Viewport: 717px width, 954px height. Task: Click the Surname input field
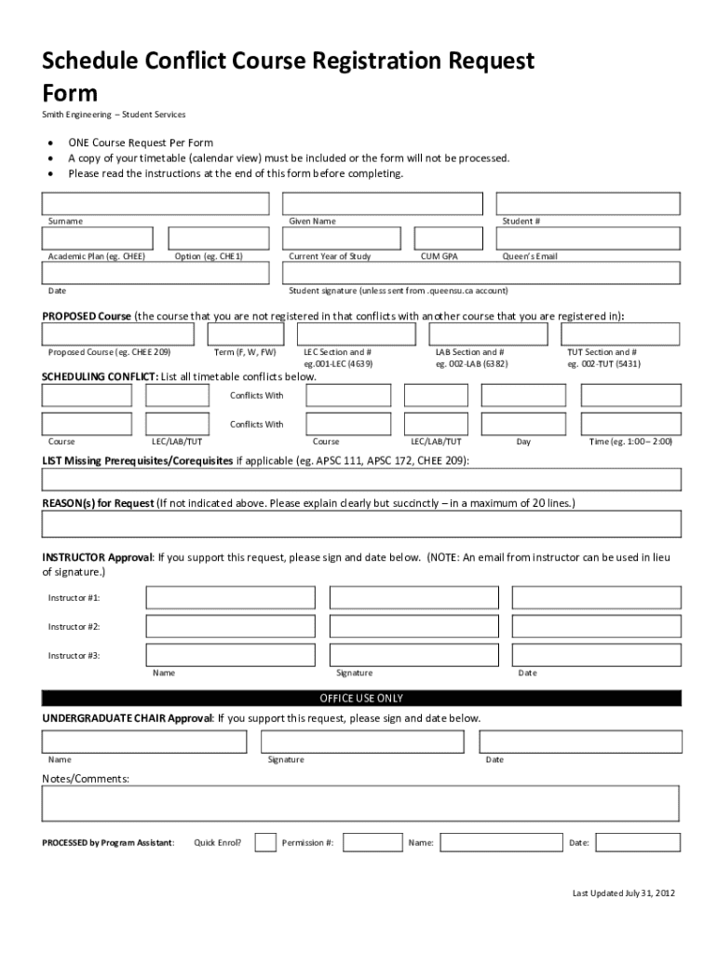pos(156,203)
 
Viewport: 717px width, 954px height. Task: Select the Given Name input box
pos(382,203)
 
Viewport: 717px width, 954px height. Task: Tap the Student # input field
pos(588,203)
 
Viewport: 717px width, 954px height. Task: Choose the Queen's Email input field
pos(588,238)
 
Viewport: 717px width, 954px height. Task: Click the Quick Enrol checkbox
pos(265,842)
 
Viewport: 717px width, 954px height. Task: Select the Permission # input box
pos(372,842)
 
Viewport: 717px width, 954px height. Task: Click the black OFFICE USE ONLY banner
pos(361,698)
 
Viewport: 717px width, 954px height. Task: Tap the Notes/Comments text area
pos(361,803)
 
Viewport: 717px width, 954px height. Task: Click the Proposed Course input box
pos(118,334)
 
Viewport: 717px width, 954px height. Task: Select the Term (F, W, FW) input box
pos(246,334)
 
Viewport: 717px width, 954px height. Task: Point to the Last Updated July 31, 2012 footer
pos(623,893)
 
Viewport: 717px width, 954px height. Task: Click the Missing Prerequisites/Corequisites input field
pos(361,480)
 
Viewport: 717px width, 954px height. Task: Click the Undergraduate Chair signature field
pos(362,742)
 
